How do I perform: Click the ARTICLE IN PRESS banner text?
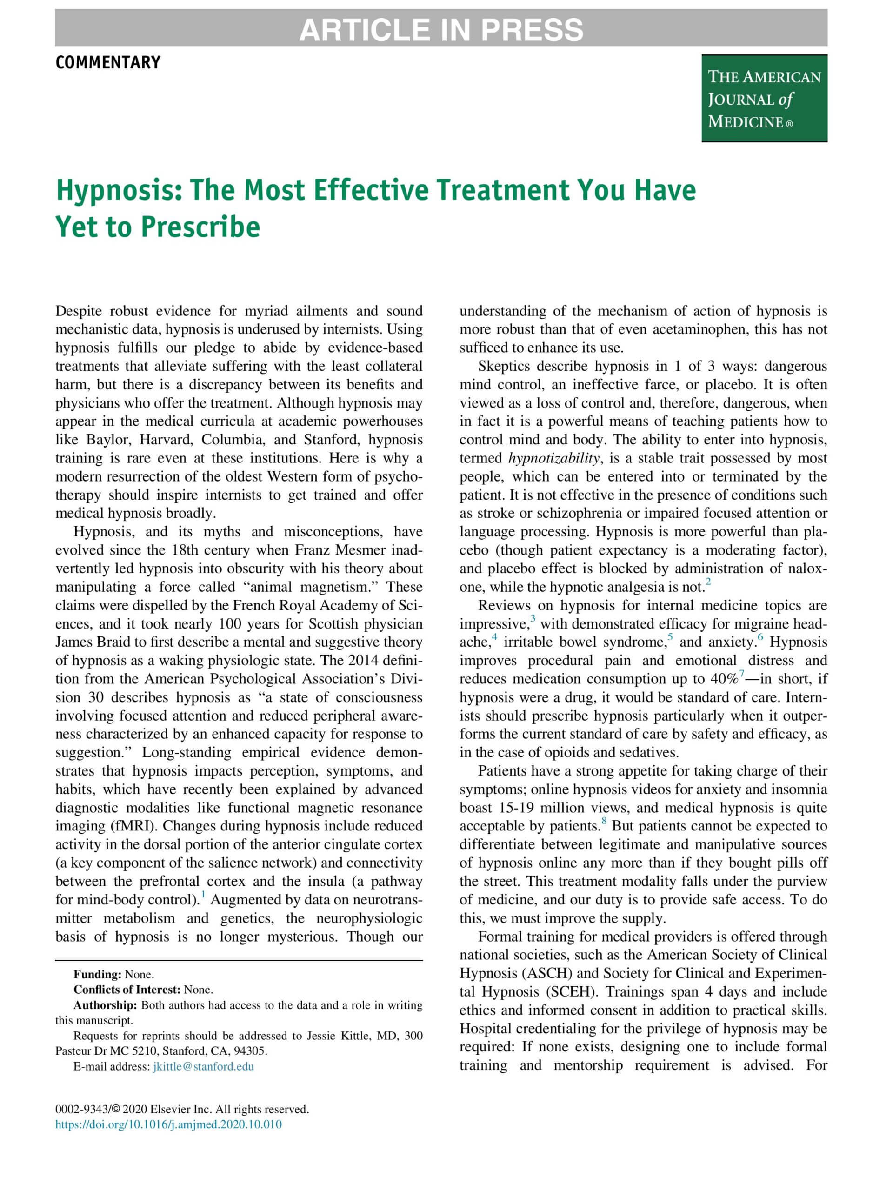point(441,29)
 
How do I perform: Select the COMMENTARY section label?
point(108,63)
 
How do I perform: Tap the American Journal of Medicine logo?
point(764,99)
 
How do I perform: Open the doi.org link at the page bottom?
point(168,1124)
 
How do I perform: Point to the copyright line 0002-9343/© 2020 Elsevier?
point(182,1110)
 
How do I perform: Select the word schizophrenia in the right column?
point(579,514)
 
